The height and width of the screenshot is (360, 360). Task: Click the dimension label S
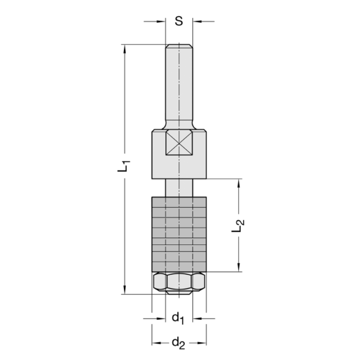pos(179,21)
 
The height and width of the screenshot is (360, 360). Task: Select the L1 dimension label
pos(124,165)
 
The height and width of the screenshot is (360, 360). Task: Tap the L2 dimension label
pos(238,226)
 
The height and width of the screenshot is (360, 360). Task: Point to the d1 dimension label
pos(178,318)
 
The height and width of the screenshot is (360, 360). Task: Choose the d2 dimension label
pos(179,343)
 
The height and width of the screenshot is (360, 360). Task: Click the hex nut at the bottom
pos(179,282)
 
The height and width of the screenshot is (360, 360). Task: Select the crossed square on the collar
pos(179,143)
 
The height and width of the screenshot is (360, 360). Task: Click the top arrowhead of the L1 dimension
pos(125,49)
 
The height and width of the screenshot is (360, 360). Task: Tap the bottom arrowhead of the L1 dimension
pos(125,290)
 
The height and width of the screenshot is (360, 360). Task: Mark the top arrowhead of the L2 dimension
pos(238,183)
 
